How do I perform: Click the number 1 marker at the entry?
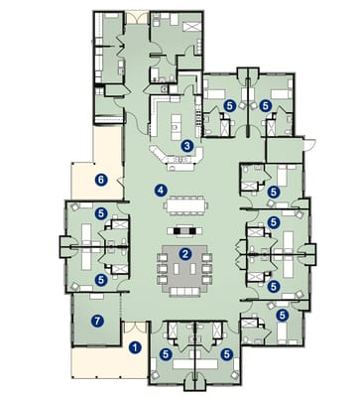click(135, 347)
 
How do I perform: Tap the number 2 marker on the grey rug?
click(185, 254)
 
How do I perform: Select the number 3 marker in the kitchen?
click(186, 146)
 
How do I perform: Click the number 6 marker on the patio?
click(100, 180)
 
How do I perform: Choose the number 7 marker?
click(96, 321)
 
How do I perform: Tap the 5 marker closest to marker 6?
click(100, 212)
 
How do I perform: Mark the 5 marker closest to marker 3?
click(230, 104)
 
